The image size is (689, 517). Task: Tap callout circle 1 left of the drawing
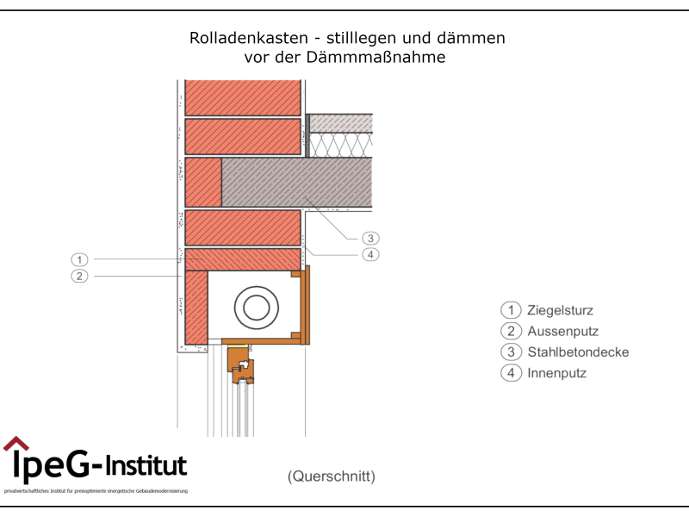pos(79,259)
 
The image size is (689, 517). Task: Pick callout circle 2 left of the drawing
pos(79,277)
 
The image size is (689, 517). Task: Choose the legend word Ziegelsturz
pos(560,311)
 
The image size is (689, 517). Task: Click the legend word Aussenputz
pos(562,332)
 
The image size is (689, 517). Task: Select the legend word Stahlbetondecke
pos(578,352)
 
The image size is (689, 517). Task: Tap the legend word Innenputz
pos(556,373)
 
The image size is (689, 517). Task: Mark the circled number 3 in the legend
pos(512,352)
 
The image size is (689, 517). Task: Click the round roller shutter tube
pos(256,306)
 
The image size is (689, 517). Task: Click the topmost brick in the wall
pos(243,97)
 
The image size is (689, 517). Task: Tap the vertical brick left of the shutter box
pos(196,306)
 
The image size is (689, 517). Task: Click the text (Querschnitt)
pos(332,476)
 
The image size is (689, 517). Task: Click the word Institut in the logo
pos(147,466)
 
